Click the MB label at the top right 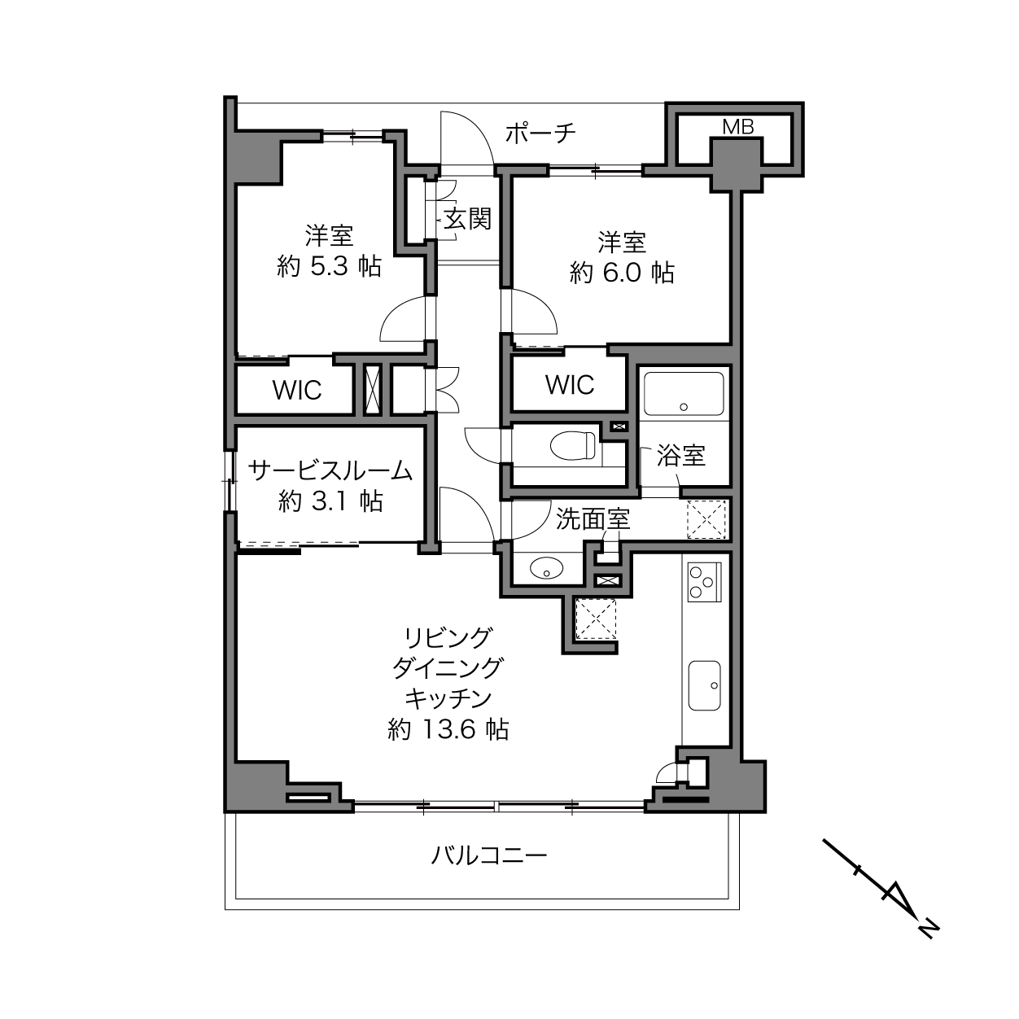click(737, 127)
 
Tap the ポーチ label click(540, 133)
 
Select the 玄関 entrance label click(467, 218)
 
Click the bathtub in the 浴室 click(683, 394)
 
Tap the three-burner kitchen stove click(704, 582)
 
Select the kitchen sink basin click(704, 685)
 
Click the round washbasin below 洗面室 click(547, 569)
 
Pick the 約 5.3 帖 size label click(329, 266)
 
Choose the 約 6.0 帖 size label click(622, 273)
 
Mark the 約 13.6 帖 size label click(448, 730)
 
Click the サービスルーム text click(330, 470)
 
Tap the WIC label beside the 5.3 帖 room click(296, 390)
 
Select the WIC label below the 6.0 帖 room click(570, 385)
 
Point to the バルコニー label click(489, 855)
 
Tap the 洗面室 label click(593, 520)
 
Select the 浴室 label click(681, 455)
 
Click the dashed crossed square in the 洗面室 click(706, 519)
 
